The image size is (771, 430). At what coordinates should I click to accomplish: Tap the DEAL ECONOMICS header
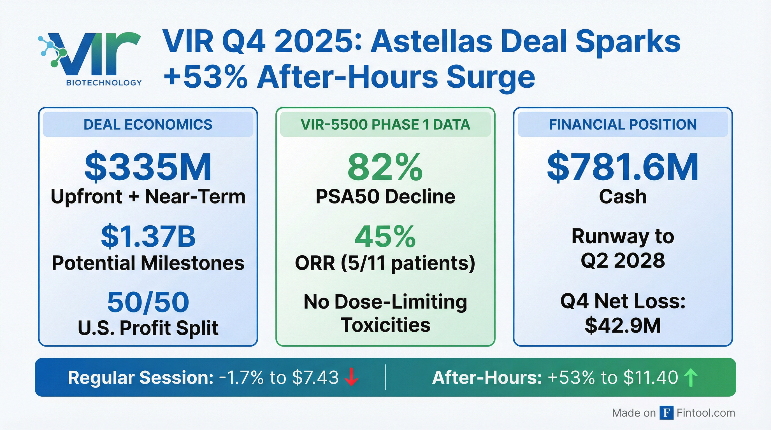tap(148, 124)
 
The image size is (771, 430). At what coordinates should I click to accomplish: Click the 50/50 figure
tap(148, 302)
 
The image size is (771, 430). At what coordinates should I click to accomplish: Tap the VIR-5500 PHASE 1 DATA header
tap(385, 124)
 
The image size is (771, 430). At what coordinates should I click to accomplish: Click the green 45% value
tap(385, 237)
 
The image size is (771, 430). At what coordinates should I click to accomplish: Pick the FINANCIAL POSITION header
tap(623, 124)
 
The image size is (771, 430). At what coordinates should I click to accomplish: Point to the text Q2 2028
tap(623, 260)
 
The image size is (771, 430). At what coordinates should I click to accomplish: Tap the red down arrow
tap(351, 377)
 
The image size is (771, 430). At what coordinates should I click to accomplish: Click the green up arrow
tap(691, 377)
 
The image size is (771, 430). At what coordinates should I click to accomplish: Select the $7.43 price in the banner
tap(315, 377)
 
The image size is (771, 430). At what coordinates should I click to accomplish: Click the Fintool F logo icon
tap(667, 413)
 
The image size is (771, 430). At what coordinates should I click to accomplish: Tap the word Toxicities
tap(385, 325)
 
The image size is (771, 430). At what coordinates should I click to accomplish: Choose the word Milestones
tap(192, 263)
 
